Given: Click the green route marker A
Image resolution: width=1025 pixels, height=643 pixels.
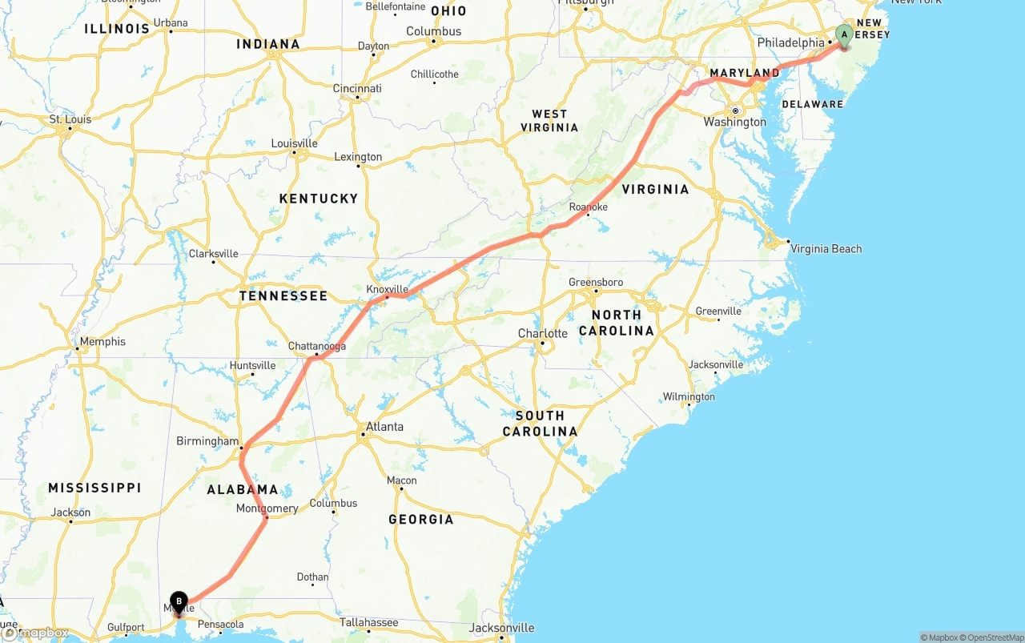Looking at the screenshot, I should coord(844,34).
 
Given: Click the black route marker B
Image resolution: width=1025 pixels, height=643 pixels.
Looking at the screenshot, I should coord(179,601).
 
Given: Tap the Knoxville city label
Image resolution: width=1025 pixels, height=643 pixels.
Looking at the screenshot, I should coord(387,289).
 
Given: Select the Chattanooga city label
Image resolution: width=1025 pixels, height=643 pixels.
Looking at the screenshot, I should coord(317,346).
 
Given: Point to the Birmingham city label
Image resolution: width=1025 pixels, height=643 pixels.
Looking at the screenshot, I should coord(207,441).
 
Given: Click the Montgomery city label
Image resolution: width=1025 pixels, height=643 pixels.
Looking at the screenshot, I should coord(267,508).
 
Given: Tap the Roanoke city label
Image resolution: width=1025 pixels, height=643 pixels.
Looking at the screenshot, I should coord(588,207).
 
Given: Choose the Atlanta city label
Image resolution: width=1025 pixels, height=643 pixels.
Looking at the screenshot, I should coord(384,427).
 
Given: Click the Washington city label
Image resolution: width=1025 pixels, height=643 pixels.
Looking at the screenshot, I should coord(734,122).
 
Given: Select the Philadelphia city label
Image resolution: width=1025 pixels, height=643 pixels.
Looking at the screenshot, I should coord(790,42).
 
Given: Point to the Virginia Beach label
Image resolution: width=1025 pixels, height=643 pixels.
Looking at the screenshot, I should coord(826,249).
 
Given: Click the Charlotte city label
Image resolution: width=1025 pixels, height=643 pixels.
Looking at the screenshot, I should coord(542,333).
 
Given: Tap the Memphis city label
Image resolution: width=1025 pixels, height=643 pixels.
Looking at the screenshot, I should coord(102,342).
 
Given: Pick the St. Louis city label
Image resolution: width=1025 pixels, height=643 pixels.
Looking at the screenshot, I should coord(70,120).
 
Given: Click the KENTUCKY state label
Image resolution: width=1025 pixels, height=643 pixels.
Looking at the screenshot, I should coord(318,199).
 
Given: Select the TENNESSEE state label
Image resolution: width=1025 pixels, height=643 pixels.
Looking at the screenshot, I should coord(283,296).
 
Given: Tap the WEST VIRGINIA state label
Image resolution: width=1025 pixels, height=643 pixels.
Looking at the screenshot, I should coord(549,121).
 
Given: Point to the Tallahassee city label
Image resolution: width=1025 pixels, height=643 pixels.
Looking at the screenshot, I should coord(368,622).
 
